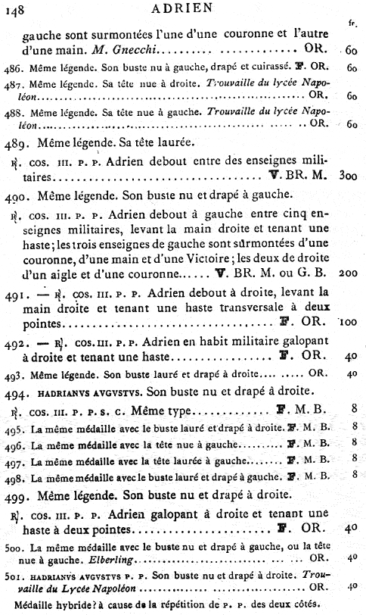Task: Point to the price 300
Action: [348, 176]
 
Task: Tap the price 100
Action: [348, 322]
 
